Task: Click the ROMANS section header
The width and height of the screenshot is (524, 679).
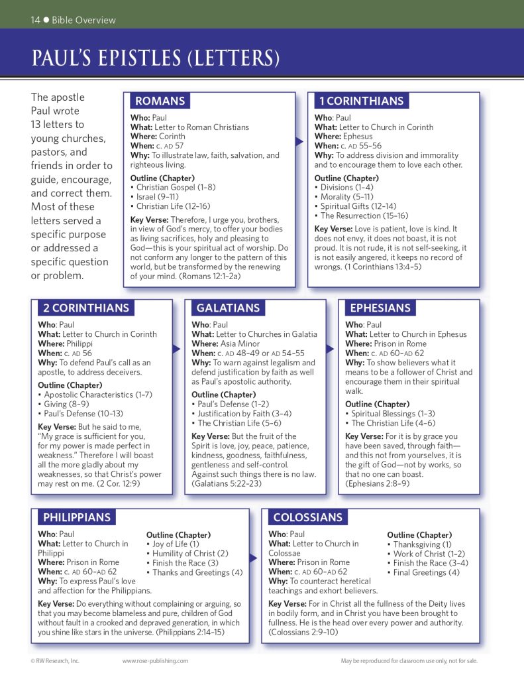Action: (x=160, y=101)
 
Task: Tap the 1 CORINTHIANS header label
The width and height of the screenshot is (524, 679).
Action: (x=361, y=101)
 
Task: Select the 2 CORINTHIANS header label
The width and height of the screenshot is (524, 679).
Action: (x=86, y=308)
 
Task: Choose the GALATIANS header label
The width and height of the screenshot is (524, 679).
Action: (x=228, y=308)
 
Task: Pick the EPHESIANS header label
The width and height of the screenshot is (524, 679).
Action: (x=380, y=308)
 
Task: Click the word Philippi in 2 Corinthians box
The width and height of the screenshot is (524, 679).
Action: (x=79, y=344)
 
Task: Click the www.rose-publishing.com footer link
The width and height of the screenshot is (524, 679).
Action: (x=155, y=661)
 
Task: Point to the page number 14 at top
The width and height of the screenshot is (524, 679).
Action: (x=36, y=20)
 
